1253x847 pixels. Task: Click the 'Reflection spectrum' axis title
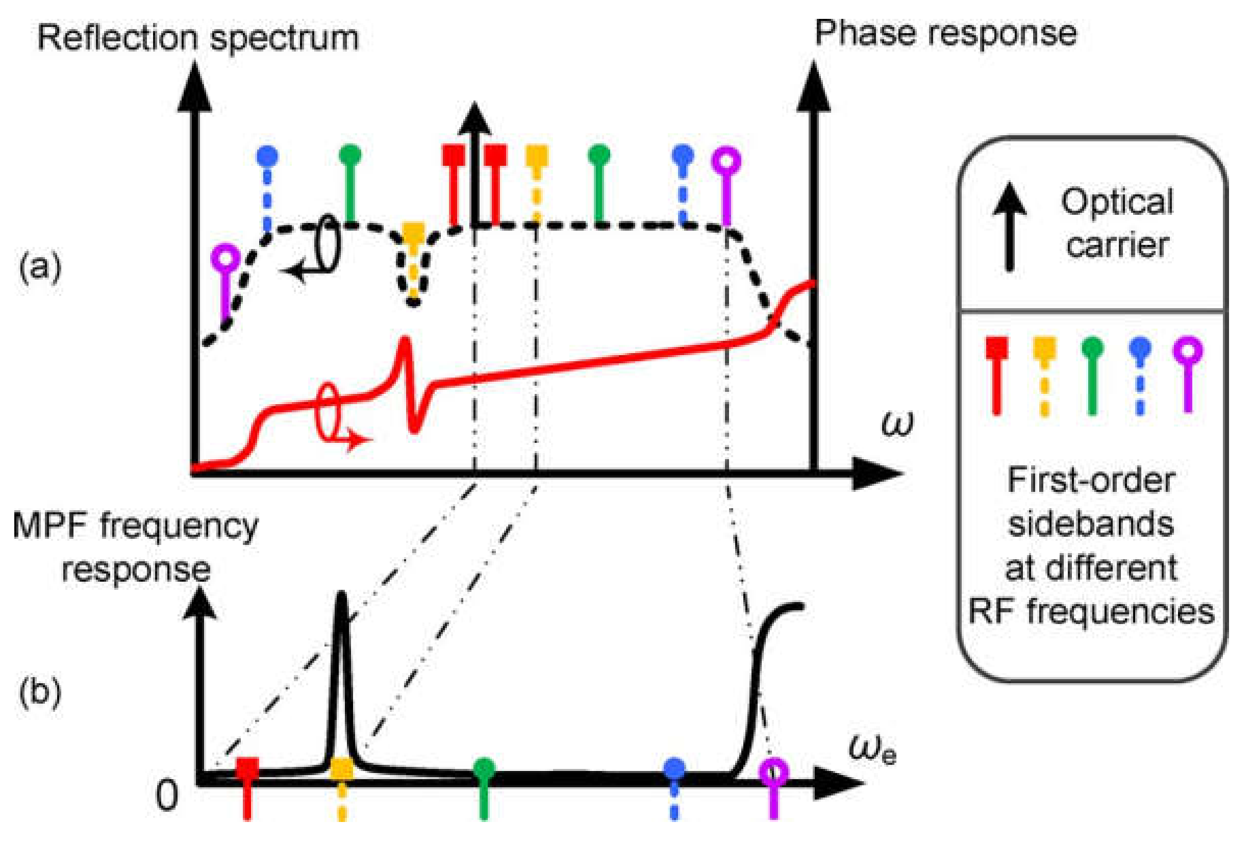(x=198, y=39)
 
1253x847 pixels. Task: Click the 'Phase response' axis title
(x=945, y=34)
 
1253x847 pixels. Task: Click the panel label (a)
(x=40, y=266)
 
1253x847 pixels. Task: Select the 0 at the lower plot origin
(x=167, y=795)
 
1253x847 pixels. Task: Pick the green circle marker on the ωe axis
(x=484, y=768)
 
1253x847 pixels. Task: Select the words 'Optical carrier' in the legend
(x=1118, y=223)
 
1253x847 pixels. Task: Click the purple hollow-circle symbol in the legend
(x=1188, y=351)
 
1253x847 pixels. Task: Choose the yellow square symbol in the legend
(x=1044, y=348)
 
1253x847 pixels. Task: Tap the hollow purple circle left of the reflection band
(x=225, y=258)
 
